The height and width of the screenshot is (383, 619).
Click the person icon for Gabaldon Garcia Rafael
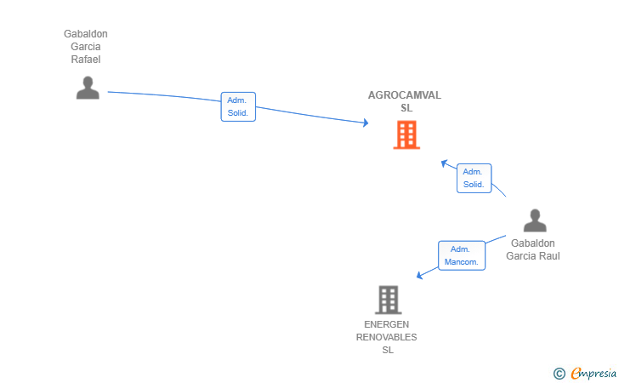[x=88, y=88]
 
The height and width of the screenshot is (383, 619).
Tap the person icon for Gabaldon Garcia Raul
[x=535, y=220]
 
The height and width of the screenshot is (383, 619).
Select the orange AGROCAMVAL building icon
[x=406, y=134]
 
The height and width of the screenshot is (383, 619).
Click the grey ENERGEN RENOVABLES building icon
[x=388, y=300]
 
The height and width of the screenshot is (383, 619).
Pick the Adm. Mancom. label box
[x=462, y=255]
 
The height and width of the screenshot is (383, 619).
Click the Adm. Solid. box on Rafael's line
[x=238, y=106]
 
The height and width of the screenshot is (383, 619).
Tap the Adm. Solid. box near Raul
[x=474, y=178]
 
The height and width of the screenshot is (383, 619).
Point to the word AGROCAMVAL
[x=405, y=95]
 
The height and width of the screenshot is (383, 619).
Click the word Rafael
[x=86, y=60]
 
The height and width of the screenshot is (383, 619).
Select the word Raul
[x=549, y=256]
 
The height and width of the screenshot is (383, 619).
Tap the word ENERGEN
[x=387, y=324]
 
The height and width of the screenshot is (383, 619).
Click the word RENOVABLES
[x=387, y=337]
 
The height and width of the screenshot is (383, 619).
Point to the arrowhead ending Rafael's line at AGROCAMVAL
[x=366, y=123]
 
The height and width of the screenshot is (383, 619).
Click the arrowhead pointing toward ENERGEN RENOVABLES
[x=419, y=275]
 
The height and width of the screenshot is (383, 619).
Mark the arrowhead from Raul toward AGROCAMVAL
[x=444, y=163]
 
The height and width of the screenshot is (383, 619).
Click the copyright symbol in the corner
[x=559, y=374]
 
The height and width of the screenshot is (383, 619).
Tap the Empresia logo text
[x=593, y=374]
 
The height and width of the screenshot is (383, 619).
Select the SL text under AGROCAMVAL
[x=406, y=108]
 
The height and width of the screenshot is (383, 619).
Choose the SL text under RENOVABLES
[x=388, y=350]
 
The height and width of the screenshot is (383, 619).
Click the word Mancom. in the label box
[x=461, y=262]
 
